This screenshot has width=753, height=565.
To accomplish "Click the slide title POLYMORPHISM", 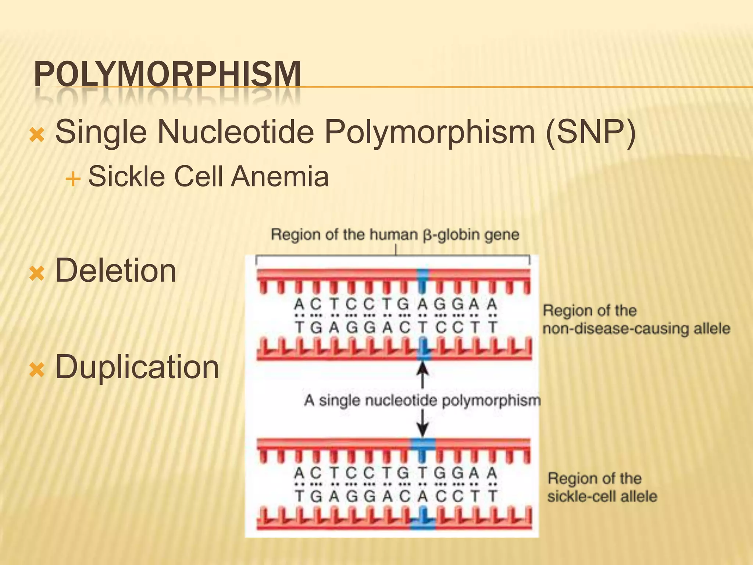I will coord(167,74).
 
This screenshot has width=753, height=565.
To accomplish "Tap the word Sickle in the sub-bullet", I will coord(126,177).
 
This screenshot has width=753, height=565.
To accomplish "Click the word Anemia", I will coord(280,177).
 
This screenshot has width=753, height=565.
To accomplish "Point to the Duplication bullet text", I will coord(137,367).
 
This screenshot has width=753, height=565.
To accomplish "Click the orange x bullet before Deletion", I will coord(37,274).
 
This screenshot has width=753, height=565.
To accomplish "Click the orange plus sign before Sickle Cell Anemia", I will coord(73,180).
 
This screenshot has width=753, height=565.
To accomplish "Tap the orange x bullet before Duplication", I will coord(37,370).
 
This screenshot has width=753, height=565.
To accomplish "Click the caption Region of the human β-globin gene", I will coord(395,235).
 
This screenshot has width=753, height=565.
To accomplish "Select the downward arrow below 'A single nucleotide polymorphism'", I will coord(423,423).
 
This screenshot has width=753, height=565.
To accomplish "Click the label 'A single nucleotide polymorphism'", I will coord(422,400).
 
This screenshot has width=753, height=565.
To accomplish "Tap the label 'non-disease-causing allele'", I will coord(636,328).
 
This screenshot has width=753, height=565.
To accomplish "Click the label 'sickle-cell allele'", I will coord(602,497).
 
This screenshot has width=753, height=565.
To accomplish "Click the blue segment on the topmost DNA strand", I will coord(423,275).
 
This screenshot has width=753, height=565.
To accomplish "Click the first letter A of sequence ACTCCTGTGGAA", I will coord(300,473).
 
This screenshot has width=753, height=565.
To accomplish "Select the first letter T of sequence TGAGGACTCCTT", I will coord(300,327).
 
